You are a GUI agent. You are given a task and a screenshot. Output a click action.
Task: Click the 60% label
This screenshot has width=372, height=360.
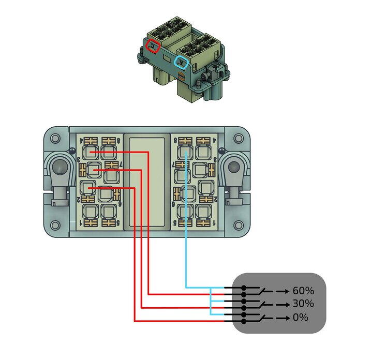(x=303, y=291)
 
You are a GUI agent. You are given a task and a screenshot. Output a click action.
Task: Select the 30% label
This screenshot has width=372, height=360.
(x=303, y=304)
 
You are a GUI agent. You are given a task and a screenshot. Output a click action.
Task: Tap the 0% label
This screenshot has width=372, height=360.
(x=300, y=317)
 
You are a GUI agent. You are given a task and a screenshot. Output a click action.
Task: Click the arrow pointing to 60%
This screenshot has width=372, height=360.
(x=282, y=291)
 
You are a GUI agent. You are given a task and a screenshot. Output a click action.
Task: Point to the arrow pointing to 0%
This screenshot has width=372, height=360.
(x=282, y=318)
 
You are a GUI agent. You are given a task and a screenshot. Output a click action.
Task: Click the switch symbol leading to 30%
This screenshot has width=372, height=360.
(x=264, y=303)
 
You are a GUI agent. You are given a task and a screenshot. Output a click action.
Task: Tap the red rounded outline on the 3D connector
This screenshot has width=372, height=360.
(x=153, y=46)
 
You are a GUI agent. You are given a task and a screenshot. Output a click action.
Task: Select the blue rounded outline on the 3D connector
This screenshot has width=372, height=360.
(x=181, y=62)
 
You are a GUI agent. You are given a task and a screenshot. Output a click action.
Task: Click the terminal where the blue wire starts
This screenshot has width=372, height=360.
(x=186, y=152)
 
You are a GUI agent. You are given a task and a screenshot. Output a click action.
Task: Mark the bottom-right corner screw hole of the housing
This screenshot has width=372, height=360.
(x=237, y=226)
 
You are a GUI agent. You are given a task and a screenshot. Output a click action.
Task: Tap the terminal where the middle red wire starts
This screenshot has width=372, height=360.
(x=95, y=170)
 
